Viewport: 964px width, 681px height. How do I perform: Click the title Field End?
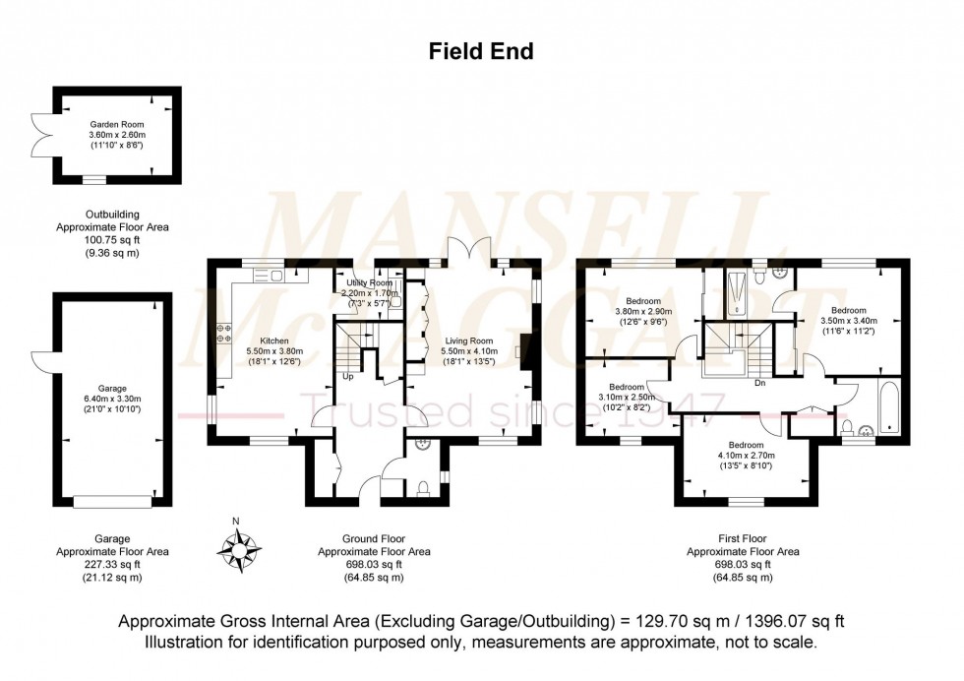481,52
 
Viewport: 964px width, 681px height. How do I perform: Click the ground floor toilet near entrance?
422,486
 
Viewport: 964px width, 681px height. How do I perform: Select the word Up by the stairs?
347,376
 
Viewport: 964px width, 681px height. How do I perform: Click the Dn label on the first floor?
759,383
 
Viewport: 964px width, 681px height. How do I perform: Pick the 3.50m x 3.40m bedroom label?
848,311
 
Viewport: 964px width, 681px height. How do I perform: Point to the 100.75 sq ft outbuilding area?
111,239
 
